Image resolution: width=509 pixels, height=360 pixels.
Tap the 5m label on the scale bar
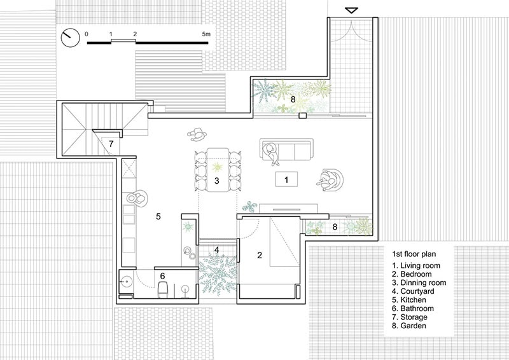206,34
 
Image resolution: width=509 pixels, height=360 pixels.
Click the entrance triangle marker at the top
351,10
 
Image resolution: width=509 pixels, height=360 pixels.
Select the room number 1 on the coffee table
286,179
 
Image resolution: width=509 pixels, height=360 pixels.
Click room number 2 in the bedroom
260,256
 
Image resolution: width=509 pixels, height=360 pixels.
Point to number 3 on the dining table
217,181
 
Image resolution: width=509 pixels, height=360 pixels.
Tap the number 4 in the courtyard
217,250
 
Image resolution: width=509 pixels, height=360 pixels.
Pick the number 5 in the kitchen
158,216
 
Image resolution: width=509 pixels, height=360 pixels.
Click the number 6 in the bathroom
162,276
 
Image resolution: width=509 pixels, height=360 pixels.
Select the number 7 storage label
111,144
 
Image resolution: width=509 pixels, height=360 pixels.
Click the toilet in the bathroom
163,289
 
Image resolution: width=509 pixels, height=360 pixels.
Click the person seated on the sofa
272,153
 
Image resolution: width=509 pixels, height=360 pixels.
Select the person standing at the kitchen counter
137,198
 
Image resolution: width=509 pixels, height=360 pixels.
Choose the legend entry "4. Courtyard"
413,291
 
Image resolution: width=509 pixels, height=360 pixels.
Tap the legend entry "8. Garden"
409,326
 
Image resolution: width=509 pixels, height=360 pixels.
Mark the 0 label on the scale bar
87,34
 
